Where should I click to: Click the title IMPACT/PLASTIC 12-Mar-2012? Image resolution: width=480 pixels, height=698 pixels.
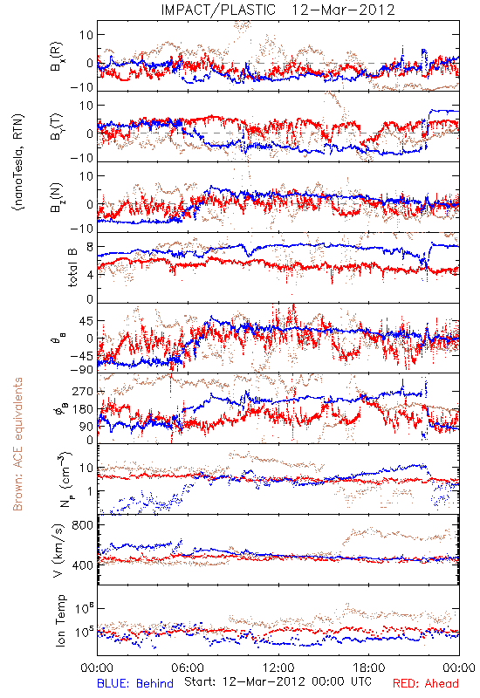coord(278,10)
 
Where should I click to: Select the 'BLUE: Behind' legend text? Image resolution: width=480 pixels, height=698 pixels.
coord(135,683)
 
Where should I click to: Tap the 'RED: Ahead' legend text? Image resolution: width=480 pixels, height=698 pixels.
coord(426,683)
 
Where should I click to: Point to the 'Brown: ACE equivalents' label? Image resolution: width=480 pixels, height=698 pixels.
coord(17,444)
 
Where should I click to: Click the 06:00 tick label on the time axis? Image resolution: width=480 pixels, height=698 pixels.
coord(188,667)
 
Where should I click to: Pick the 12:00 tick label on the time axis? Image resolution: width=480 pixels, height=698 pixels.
coord(278,667)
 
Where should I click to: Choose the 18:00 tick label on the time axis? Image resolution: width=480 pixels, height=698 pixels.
coord(369,667)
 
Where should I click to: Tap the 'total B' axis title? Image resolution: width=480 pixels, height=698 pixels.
coord(72,268)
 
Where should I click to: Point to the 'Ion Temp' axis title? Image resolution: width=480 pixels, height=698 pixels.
coord(60,620)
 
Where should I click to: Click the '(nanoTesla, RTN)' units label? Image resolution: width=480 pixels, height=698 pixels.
coord(18,162)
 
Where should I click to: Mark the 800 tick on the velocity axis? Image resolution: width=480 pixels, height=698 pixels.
coord(83,525)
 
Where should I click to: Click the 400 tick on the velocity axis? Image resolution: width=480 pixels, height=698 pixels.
coord(83,565)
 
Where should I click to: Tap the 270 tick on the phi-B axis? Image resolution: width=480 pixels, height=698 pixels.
coord(83,391)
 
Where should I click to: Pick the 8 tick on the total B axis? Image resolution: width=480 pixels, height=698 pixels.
coord(90,247)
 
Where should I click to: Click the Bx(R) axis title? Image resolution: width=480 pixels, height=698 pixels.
coord(57,57)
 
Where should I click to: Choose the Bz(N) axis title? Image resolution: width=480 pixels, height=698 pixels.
coord(57,197)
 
